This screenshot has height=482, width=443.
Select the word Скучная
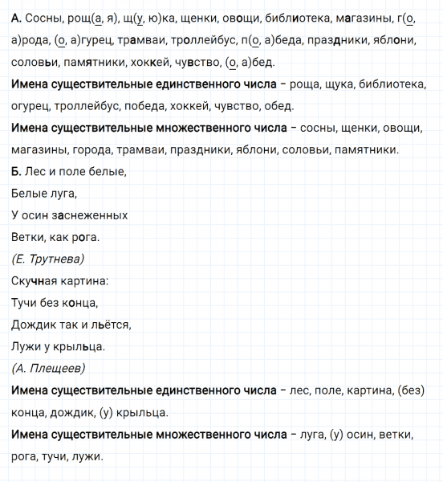35,281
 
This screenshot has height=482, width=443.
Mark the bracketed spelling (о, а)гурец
65,39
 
